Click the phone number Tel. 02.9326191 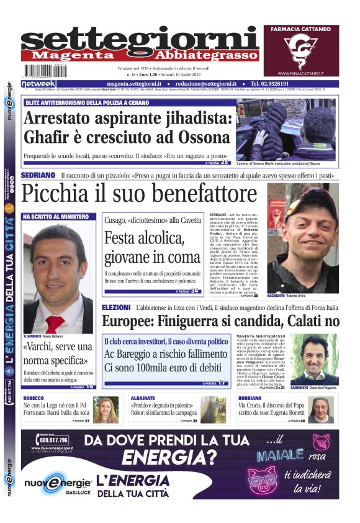click(x=272, y=83)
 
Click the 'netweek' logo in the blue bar click(x=39, y=83)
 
